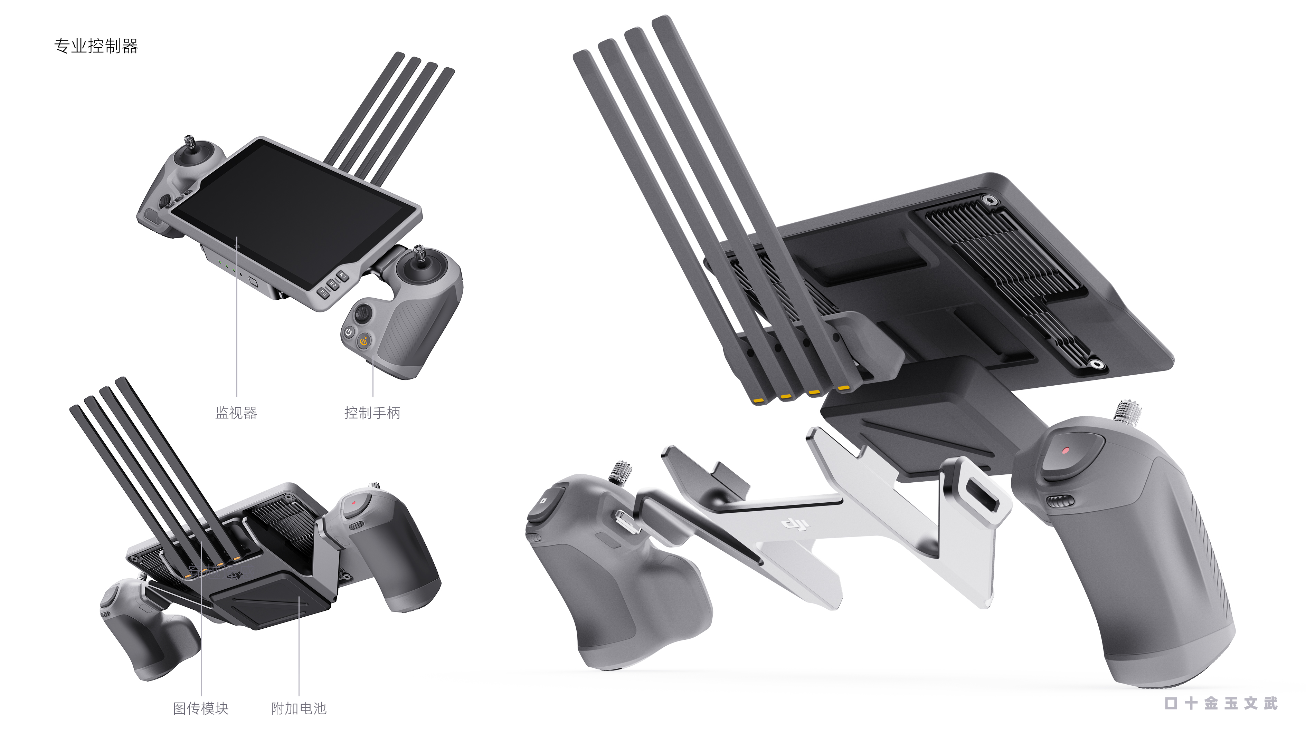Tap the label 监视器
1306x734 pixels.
coord(236,413)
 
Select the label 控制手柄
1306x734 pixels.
coord(372,413)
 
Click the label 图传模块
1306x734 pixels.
coord(201,708)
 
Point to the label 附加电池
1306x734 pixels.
coord(299,708)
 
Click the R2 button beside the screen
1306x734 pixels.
coord(333,284)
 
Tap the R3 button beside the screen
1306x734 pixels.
coord(323,293)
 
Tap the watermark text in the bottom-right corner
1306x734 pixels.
coord(1221,703)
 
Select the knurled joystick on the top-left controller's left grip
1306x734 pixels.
coord(190,143)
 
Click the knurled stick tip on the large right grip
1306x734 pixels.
coord(1127,409)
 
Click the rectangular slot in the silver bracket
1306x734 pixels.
coord(982,497)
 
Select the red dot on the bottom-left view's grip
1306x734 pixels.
coord(354,503)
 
